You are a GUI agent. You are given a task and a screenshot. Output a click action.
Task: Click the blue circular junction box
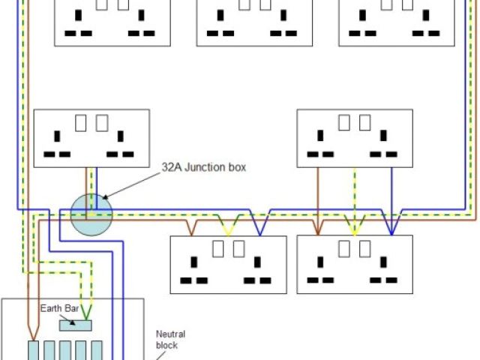91,214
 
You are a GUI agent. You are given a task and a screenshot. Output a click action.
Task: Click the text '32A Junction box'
204,167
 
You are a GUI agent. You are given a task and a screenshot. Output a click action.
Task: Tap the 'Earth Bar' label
60,308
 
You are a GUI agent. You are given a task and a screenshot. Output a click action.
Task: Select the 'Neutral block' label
170,340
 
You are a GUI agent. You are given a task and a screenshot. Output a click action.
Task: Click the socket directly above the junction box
91,138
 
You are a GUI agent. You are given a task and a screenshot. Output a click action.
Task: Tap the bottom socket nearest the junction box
228,264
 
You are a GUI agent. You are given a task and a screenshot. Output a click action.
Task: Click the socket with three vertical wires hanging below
355,138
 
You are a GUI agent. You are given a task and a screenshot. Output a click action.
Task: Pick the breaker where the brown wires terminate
34,350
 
